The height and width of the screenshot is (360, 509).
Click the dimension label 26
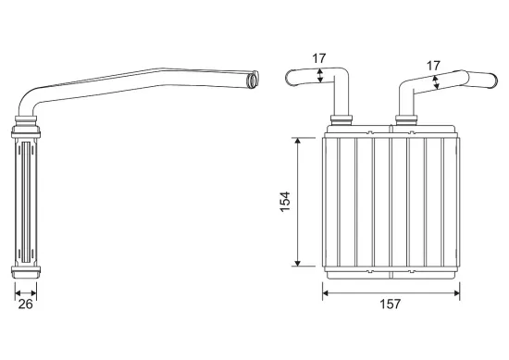point(25,304)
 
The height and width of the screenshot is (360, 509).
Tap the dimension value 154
point(285,202)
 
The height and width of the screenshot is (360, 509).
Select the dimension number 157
point(391,304)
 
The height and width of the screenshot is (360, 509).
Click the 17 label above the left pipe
point(318,58)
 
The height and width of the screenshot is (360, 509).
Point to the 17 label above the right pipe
point(433,66)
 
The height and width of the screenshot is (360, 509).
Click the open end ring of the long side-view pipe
point(253,80)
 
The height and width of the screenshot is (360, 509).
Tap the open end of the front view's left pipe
point(289,78)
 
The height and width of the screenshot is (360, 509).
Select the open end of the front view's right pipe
point(494,80)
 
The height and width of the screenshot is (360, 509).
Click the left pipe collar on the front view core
point(341,119)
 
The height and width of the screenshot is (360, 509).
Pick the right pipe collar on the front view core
point(406,119)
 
